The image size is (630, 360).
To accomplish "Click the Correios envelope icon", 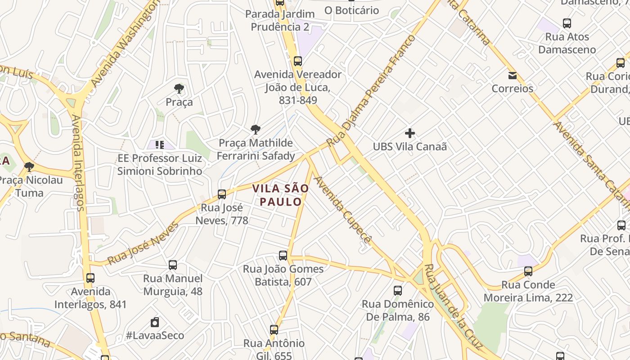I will tap(512, 75).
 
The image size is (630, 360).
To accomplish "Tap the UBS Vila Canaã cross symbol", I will tap(409, 133).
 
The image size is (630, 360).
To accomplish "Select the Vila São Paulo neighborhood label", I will tap(280, 195).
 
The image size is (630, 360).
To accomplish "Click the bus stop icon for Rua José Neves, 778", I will tap(221, 194).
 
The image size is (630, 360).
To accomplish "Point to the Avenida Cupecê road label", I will tap(343, 210).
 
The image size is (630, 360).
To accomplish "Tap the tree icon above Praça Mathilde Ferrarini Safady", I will tap(255, 130).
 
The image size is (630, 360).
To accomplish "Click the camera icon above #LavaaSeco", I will tap(155, 322).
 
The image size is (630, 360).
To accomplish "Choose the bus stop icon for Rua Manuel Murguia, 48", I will tap(173, 265).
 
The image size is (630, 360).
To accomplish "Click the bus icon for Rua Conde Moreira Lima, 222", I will tap(528, 271).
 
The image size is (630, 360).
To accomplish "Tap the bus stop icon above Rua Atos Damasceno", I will tap(567, 23).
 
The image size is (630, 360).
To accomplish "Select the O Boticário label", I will tap(351, 10).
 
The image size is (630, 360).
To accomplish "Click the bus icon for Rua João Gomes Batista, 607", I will tap(283, 256).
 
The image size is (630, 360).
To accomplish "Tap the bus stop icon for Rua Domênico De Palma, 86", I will tap(398, 290).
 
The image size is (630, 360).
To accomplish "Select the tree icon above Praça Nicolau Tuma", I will tap(29, 167).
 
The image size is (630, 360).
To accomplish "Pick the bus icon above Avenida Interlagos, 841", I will tap(90, 278).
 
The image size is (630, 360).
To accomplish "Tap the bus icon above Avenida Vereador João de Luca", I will tap(297, 61).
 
